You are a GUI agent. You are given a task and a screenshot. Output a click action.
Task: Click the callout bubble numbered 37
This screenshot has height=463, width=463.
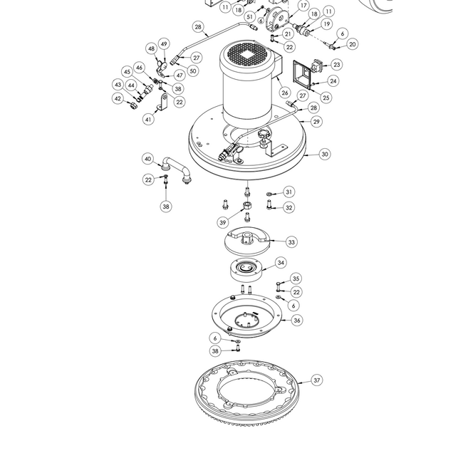click(316, 380)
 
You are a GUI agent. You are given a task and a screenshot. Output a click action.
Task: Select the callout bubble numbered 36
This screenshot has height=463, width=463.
click(297, 320)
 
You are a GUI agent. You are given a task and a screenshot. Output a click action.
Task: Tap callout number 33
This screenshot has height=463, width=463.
click(291, 242)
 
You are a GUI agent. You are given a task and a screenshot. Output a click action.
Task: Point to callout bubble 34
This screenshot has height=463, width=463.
click(281, 263)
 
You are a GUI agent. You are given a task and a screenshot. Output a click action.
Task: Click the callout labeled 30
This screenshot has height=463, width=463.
click(325, 154)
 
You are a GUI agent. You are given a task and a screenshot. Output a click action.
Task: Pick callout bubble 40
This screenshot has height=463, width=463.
click(148, 159)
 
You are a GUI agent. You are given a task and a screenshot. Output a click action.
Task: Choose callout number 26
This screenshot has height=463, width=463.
click(285, 93)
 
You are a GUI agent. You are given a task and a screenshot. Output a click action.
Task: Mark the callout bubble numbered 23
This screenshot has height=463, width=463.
click(337, 65)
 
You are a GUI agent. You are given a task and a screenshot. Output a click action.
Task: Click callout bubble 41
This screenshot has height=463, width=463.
click(148, 119)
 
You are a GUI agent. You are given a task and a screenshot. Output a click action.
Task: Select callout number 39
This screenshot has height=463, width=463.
click(223, 222)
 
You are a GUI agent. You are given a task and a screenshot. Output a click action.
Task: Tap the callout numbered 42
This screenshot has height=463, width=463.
click(118, 98)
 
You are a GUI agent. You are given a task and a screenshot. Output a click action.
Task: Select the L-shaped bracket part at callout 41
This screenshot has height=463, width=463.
click(162, 103)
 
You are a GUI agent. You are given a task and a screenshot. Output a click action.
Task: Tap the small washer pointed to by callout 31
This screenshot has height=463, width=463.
click(269, 194)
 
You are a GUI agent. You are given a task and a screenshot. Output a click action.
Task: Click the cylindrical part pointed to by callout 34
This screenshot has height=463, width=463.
click(246, 271)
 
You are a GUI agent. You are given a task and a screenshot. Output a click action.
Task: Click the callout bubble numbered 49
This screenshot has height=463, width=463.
click(164, 43)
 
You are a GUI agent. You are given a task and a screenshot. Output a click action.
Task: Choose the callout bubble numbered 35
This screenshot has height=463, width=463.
click(296, 279)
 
